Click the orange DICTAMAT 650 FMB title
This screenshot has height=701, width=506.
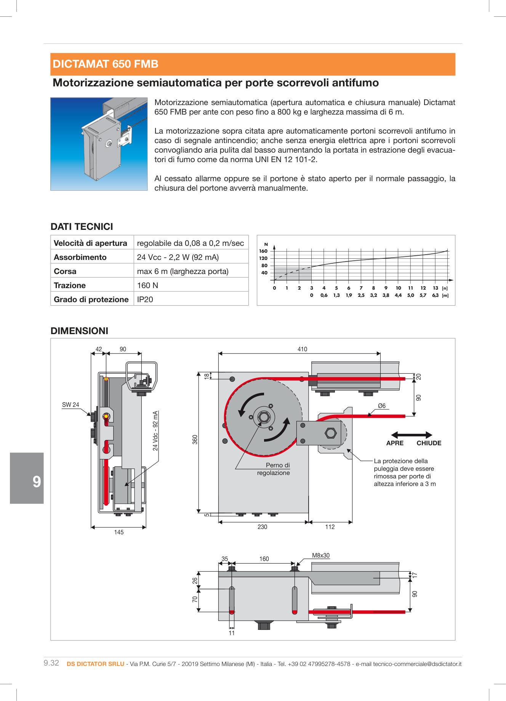(x=106, y=64)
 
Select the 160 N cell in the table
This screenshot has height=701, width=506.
(x=147, y=285)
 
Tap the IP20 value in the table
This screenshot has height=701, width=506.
(x=145, y=300)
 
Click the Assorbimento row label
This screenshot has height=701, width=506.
(x=80, y=257)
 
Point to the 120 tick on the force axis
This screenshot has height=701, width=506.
(x=263, y=258)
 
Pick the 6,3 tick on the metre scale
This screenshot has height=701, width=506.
(x=435, y=295)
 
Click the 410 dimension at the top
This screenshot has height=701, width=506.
(x=302, y=349)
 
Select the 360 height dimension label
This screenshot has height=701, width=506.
(x=195, y=440)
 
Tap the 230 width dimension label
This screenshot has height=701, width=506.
(x=262, y=527)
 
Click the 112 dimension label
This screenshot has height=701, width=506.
(x=330, y=527)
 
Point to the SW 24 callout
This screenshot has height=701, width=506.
(x=70, y=405)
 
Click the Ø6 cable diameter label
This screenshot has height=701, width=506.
(x=382, y=406)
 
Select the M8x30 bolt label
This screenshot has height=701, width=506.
(x=321, y=555)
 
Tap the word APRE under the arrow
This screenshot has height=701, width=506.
(x=395, y=443)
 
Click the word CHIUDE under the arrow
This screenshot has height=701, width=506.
(x=429, y=443)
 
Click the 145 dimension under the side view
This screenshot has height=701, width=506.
(x=119, y=532)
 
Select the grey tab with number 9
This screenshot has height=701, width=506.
(x=27, y=478)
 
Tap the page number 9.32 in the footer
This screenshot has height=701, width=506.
(x=51, y=663)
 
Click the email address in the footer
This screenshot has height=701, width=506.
(x=417, y=664)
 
